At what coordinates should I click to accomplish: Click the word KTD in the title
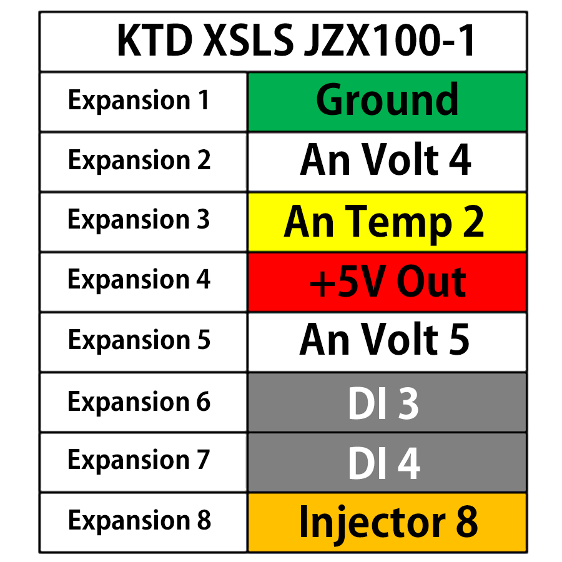click(x=155, y=41)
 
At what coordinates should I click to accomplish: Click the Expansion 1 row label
click(x=139, y=101)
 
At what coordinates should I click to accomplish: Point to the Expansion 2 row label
click(x=139, y=161)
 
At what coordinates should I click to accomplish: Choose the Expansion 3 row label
click(x=139, y=220)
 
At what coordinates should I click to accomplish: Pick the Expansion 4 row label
click(x=139, y=280)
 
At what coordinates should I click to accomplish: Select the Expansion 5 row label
click(x=139, y=340)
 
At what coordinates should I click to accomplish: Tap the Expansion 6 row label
click(x=139, y=401)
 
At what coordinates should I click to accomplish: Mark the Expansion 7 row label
click(x=139, y=461)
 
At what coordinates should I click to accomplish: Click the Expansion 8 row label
click(x=139, y=521)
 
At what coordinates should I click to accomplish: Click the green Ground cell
click(x=387, y=101)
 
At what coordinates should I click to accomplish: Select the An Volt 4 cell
click(x=387, y=161)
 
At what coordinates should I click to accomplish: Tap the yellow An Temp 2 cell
click(x=387, y=222)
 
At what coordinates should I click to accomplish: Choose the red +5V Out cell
click(x=387, y=282)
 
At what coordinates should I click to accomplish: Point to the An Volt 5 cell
click(x=387, y=341)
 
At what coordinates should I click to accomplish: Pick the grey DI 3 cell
click(x=387, y=402)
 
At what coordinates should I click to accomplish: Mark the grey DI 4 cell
click(x=387, y=462)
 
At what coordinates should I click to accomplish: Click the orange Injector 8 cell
click(x=387, y=522)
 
